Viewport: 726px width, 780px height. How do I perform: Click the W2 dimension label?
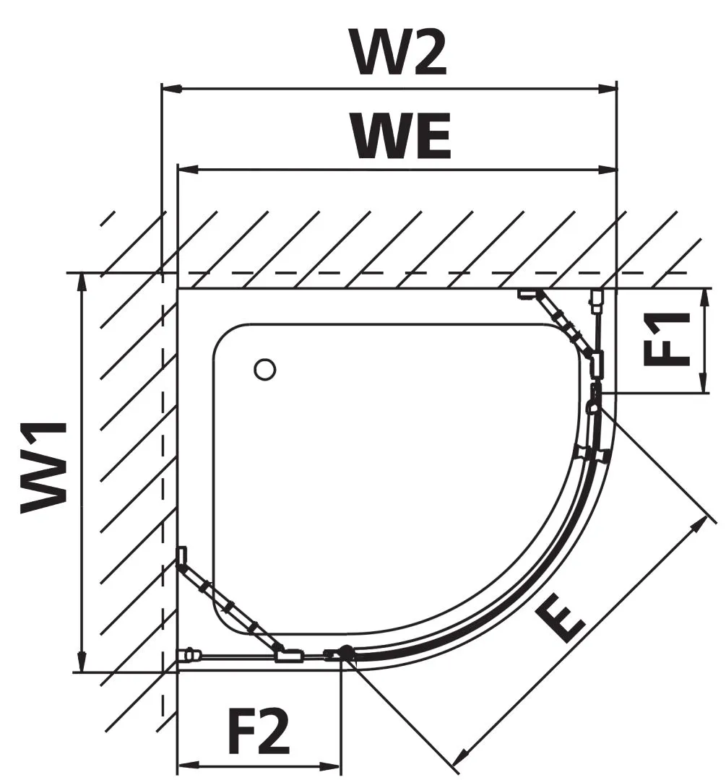point(398,52)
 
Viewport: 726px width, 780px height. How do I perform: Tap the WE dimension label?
point(402,136)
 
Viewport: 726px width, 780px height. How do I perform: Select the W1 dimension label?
point(45,468)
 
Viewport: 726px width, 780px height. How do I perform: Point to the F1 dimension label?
point(666,339)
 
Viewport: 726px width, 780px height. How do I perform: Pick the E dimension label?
point(563,623)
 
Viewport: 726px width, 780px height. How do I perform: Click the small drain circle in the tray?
point(265,369)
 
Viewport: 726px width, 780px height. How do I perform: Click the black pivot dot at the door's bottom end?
point(347,653)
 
